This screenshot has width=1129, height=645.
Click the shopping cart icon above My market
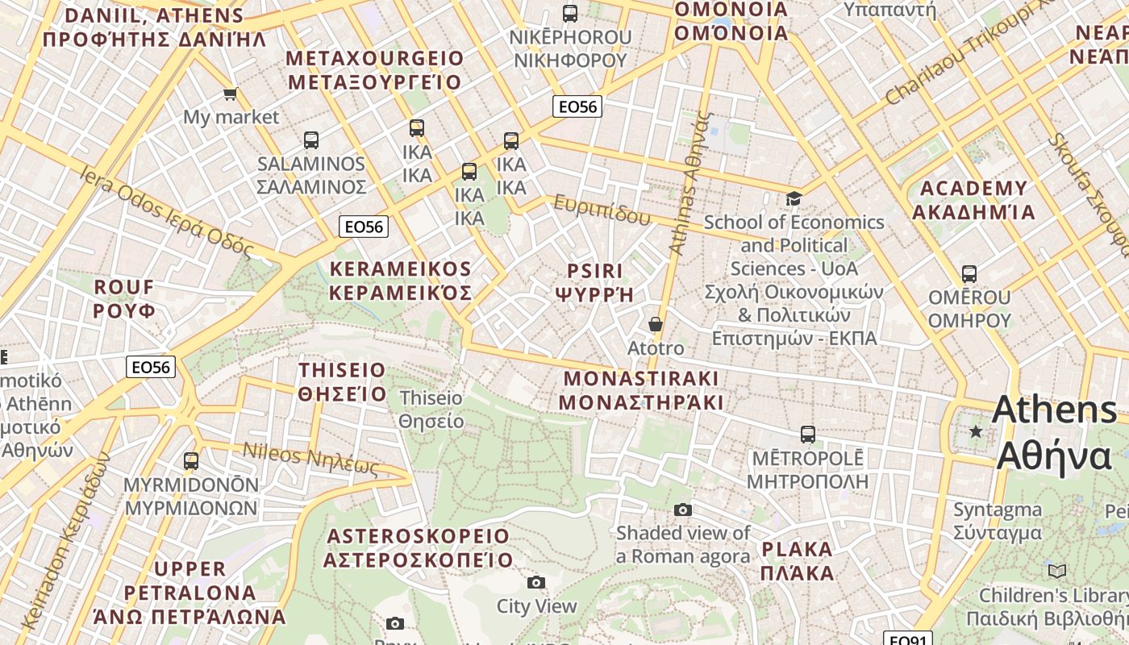pos(230,94)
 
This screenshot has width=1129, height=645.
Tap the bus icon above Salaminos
pos(311,140)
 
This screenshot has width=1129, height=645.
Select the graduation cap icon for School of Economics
pos(794,198)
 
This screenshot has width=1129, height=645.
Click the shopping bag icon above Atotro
pos(656,324)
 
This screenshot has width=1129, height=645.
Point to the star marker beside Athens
pos(976,431)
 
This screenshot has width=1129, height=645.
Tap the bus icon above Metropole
pos(808,435)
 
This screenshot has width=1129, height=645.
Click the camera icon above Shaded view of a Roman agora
pos(683,510)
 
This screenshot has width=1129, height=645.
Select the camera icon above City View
pos(536,582)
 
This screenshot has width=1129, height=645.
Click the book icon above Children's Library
pos(1056,572)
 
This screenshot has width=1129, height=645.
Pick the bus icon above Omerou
pos(969,274)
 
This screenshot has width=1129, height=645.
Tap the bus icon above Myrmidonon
pos(191,461)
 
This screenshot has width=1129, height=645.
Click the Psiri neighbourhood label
pos(594,281)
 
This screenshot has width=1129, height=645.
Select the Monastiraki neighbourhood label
pos(640,390)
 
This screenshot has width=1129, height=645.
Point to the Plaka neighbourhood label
pos(797,561)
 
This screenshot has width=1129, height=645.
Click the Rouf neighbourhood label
pos(124,298)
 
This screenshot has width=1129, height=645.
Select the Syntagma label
pos(998,521)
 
